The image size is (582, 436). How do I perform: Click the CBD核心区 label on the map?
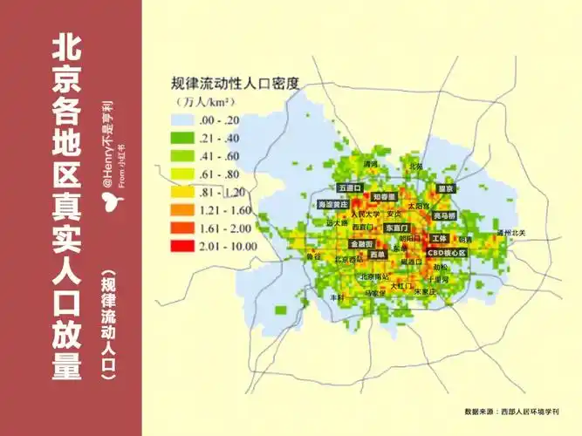click(x=447, y=253)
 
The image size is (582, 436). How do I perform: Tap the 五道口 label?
click(x=351, y=187)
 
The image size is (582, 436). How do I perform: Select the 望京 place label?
click(x=446, y=187)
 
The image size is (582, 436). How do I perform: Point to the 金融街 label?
click(x=361, y=244)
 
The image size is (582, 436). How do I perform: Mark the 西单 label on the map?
click(x=377, y=255)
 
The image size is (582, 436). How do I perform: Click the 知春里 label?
click(x=384, y=197)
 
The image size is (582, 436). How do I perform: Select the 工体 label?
click(x=439, y=238)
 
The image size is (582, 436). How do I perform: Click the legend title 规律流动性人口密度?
click(x=235, y=85)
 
